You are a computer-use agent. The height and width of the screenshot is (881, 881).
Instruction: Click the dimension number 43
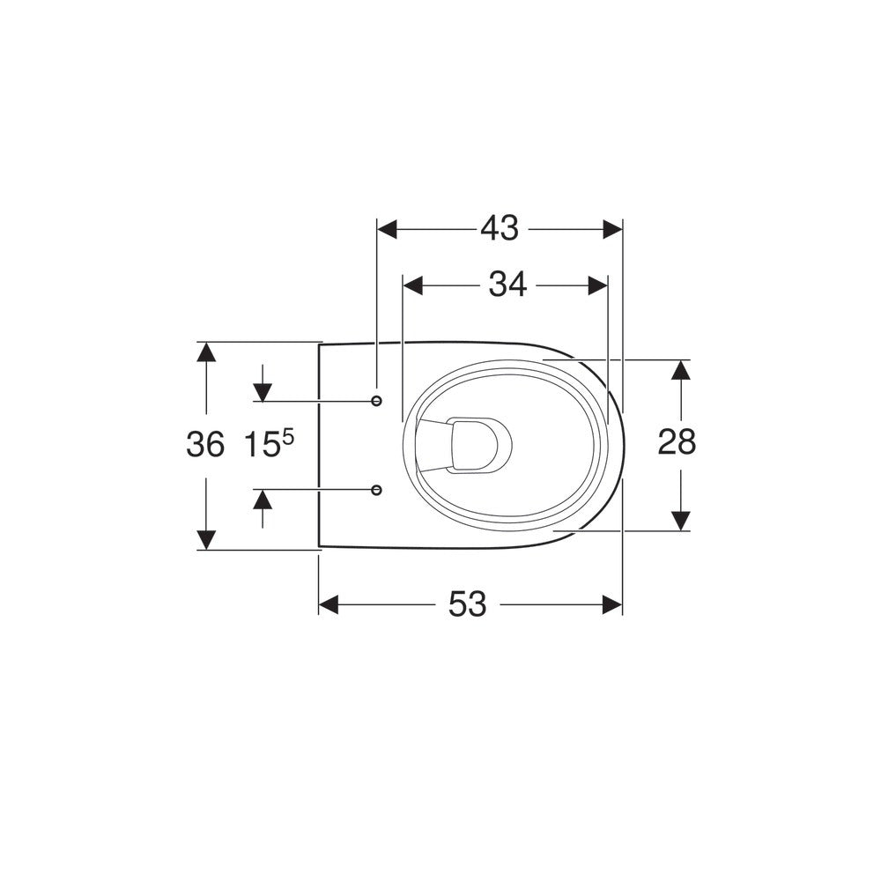click(500, 229)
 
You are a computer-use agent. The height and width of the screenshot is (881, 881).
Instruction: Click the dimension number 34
click(507, 285)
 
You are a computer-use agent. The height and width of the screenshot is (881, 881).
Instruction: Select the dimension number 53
click(467, 604)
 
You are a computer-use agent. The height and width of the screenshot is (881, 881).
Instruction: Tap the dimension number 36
click(205, 444)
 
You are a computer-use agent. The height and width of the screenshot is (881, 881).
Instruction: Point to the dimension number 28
click(677, 441)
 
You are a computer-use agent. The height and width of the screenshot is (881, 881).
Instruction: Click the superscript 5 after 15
click(288, 437)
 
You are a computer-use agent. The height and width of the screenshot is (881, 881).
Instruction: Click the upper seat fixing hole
click(377, 401)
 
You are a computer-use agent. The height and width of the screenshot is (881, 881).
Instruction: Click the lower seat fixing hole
click(377, 490)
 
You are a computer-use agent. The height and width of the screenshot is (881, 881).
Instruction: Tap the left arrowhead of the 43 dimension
click(387, 229)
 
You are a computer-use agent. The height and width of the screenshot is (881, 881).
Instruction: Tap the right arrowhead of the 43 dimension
click(612, 229)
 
